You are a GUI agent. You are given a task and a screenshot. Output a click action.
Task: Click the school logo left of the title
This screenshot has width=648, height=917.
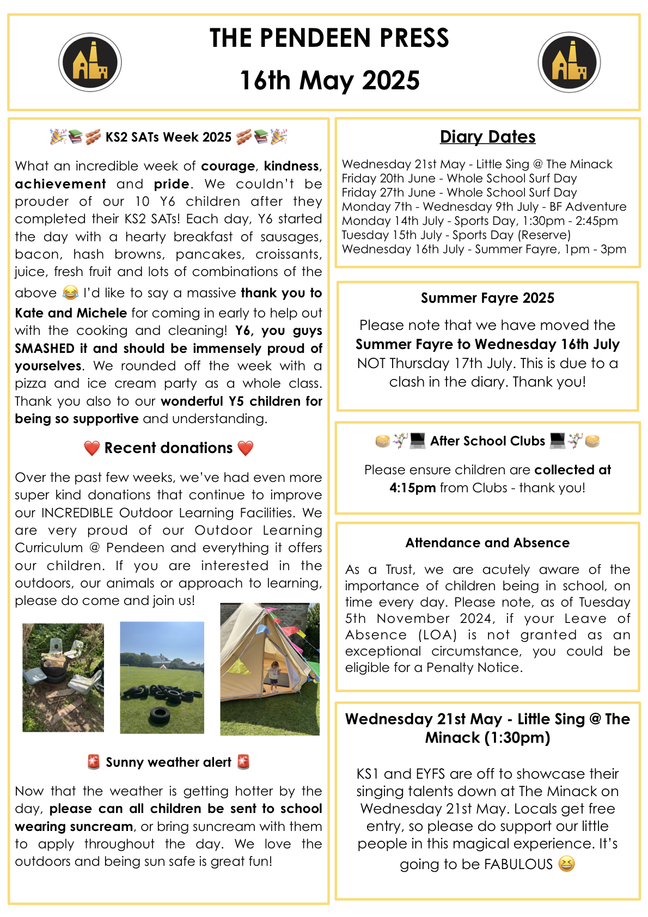coord(90,62)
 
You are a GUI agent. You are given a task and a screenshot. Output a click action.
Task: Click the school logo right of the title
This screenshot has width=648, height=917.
coord(569,62)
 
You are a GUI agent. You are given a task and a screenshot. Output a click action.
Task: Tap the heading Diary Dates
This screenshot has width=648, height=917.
coord(487,137)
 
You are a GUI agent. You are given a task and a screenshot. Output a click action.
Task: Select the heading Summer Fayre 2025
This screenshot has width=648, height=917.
coord(487,298)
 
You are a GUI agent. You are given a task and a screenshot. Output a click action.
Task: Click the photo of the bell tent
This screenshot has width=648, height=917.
coord(270,669)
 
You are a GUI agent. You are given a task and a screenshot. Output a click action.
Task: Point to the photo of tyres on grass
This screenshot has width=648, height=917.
coord(162,677)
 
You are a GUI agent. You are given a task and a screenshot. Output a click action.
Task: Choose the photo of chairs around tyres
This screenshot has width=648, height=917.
coord(63,677)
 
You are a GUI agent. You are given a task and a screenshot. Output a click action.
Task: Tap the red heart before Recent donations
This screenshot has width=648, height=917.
coord(91,448)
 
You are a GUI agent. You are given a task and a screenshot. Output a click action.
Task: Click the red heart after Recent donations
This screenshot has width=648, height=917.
coord(246,448)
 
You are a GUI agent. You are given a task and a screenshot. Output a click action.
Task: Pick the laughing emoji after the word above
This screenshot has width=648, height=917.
coord(70,293)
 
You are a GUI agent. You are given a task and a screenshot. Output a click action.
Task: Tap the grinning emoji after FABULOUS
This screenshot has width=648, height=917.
coord(566,864)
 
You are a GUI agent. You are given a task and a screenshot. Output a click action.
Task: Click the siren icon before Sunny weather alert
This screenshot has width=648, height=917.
coord(94,762)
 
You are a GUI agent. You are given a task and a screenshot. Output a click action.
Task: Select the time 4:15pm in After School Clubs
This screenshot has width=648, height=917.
coord(412,487)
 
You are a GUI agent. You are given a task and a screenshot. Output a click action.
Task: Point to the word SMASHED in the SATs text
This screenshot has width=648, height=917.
coord(45,349)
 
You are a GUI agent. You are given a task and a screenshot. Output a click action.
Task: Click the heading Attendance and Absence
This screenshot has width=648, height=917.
coord(487,542)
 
